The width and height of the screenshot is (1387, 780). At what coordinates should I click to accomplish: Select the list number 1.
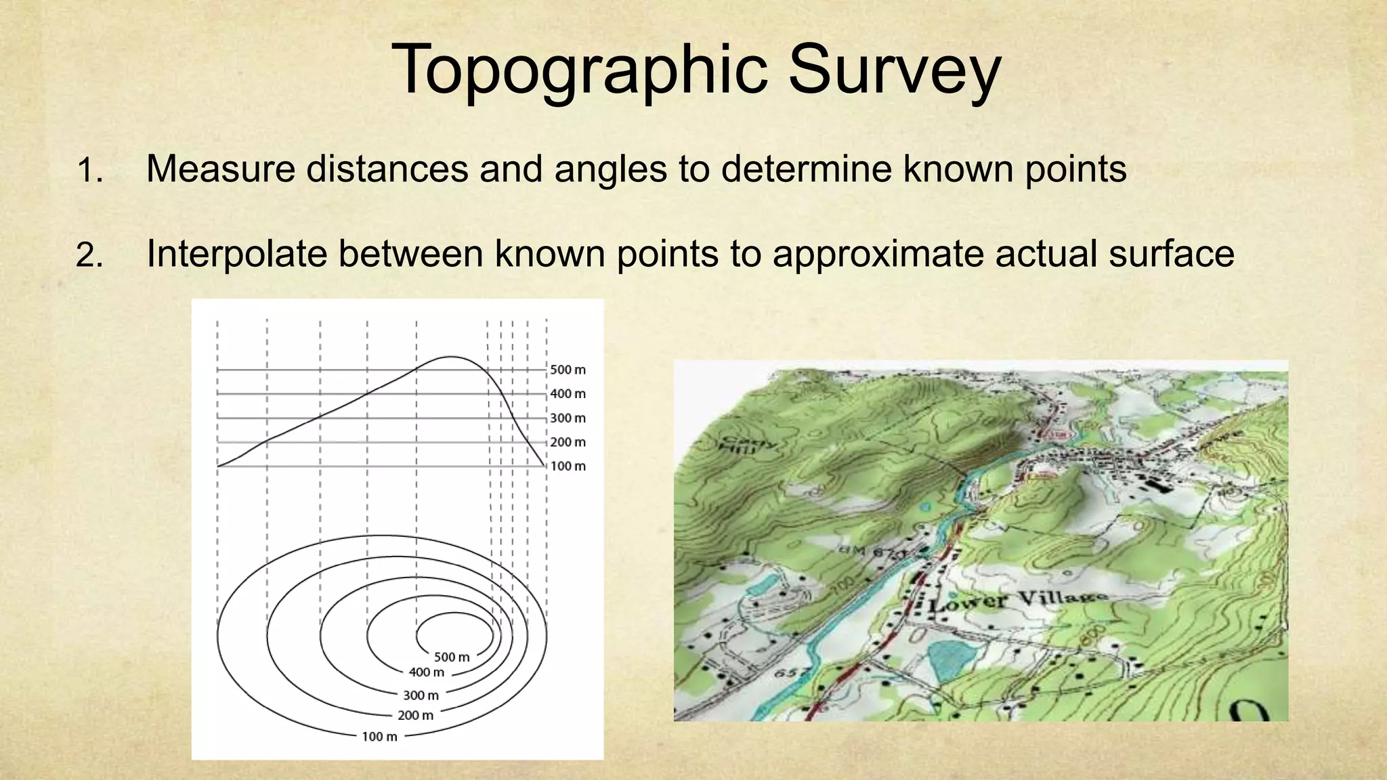[x=89, y=170]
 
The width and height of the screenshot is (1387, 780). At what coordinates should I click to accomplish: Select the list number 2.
[x=89, y=256]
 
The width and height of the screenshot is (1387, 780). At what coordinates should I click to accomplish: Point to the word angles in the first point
[x=610, y=170]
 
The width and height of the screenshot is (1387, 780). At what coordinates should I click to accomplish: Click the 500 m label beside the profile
[x=568, y=370]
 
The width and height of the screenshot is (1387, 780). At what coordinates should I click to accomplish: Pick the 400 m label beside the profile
[x=568, y=393]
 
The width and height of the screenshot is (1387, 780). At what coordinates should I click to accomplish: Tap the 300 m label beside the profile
[x=568, y=418]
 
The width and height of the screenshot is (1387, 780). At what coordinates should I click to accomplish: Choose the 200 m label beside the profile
[x=568, y=442]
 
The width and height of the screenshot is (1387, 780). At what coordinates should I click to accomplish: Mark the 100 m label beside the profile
[x=568, y=466]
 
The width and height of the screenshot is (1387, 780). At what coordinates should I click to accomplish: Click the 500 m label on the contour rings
[x=452, y=657]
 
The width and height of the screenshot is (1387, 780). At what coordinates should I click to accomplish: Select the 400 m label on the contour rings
[x=427, y=672]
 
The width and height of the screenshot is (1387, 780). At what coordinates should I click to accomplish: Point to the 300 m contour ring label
[x=421, y=695]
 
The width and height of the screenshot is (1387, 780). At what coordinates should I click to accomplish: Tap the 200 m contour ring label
[x=415, y=715]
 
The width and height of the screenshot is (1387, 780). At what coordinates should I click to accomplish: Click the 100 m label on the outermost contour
[x=379, y=737]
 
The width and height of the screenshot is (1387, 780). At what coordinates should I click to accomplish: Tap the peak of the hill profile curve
[x=450, y=357]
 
